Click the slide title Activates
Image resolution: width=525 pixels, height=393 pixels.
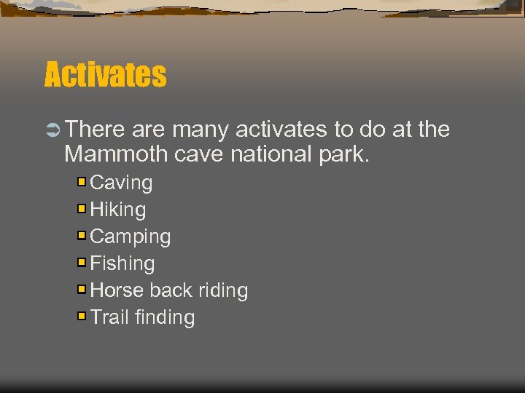coord(105,74)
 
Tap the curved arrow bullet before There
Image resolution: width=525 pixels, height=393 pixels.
coord(52,130)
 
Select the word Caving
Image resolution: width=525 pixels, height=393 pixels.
coord(121,183)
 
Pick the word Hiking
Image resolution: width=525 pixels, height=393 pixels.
coord(117,210)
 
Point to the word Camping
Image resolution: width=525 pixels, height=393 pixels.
coord(130,237)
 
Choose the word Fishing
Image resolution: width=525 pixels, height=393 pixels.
coord(122,263)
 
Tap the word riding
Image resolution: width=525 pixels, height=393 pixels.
coord(222,290)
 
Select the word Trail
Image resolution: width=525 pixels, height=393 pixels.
coord(109,317)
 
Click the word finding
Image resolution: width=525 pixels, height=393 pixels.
coord(165,317)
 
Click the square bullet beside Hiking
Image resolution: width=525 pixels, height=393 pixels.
coord(82,208)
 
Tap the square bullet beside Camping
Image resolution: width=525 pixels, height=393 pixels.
coord(82,235)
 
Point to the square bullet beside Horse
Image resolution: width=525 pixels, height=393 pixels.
coord(82,289)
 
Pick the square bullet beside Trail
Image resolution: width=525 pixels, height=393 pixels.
coord(82,316)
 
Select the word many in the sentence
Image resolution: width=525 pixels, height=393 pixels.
coord(201,130)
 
